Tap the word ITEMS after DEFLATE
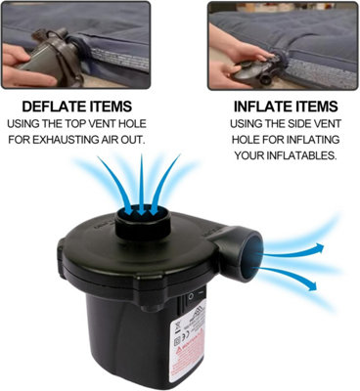click(123, 105)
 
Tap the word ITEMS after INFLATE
click(318, 105)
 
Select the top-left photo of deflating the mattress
click(75, 41)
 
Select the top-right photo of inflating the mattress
click(283, 41)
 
